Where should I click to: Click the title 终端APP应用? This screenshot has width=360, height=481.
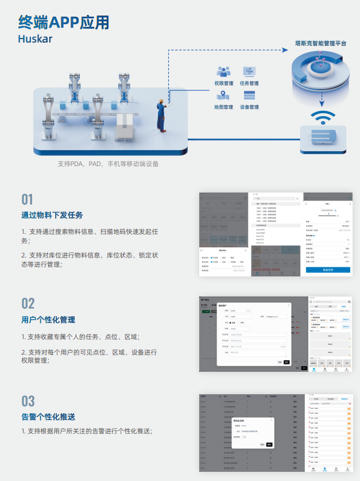click(64, 22)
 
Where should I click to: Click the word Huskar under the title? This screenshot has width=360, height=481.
click(35, 40)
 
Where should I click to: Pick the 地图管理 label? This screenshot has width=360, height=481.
click(223, 107)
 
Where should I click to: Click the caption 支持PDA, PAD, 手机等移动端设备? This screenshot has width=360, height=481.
click(108, 164)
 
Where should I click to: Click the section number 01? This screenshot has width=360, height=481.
click(28, 199)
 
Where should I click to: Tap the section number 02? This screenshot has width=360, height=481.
click(28, 303)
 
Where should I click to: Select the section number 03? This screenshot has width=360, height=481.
click(28, 401)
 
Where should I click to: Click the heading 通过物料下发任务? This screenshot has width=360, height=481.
click(52, 216)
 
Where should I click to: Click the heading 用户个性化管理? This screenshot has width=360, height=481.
click(48, 320)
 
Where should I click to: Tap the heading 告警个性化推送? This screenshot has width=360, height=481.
click(48, 417)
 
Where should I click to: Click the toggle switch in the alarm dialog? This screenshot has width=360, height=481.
click(243, 437)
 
